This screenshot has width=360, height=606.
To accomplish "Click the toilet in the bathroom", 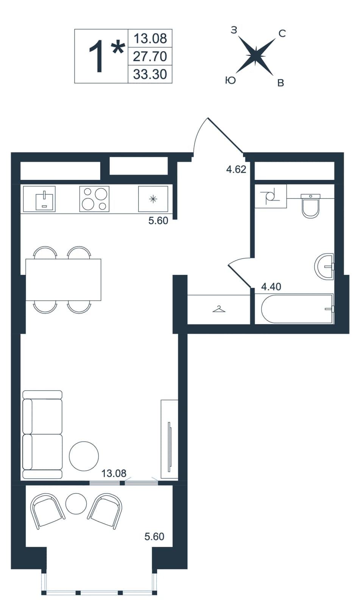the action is (310, 206).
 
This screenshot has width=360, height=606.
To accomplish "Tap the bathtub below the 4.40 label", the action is (298, 309).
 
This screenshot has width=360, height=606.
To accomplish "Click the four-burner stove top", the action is (94, 199).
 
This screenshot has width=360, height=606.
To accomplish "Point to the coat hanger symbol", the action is (219, 309).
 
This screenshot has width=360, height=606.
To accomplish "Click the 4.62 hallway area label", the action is (236, 169).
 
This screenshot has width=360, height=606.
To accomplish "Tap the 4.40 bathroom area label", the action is (271, 286).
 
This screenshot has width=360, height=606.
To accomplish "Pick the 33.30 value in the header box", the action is (150, 74).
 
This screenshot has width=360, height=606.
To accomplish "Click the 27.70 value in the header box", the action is (150, 56).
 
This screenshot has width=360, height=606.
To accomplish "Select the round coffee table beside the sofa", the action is (84, 456).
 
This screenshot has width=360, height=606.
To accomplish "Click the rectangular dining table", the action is (63, 280).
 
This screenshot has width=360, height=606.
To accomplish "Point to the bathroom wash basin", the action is (324, 267).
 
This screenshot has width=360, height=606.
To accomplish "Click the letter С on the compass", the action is (282, 34).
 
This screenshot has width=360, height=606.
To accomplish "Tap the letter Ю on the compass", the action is (231, 80).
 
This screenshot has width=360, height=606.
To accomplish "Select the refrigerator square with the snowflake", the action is (153, 199).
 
